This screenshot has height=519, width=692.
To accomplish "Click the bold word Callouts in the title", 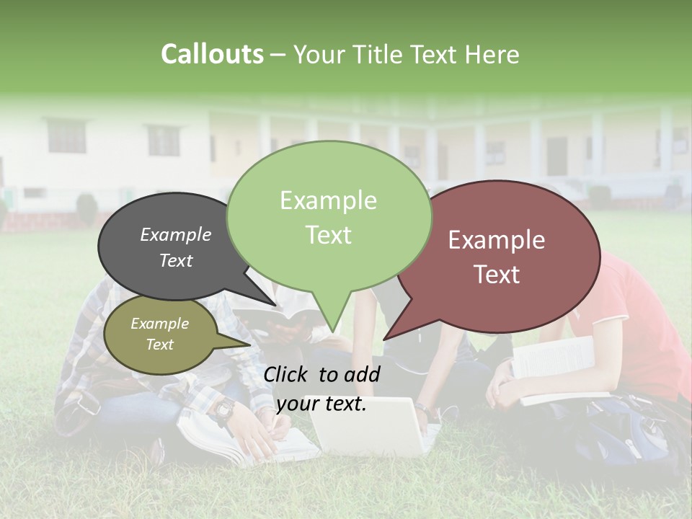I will pyautogui.click(x=212, y=54).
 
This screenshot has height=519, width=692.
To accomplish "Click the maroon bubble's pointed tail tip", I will pyautogui.click(x=384, y=339).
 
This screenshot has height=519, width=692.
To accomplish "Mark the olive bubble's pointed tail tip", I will pyautogui.click(x=250, y=345).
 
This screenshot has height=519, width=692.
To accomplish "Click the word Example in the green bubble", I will pyautogui.click(x=328, y=200).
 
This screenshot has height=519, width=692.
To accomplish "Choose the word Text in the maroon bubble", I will pyautogui.click(x=497, y=275).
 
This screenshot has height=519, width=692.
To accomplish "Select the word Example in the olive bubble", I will pyautogui.click(x=159, y=324).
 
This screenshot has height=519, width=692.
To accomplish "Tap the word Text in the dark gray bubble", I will pyautogui.click(x=176, y=261).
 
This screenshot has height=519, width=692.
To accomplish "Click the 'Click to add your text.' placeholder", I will pyautogui.click(x=321, y=389).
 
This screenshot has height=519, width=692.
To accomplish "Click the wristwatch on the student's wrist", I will pyautogui.click(x=223, y=409).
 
